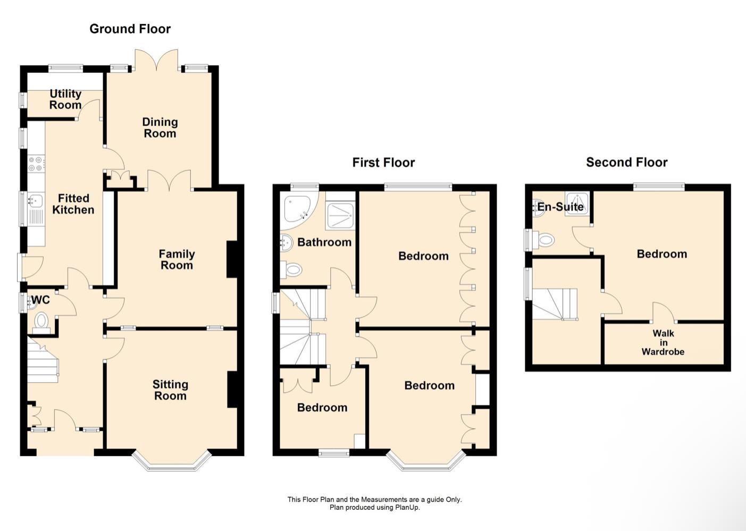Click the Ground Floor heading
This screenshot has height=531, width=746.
click(x=130, y=29)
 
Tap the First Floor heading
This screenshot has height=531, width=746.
click(x=383, y=163)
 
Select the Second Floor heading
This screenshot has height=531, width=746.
click(x=626, y=163)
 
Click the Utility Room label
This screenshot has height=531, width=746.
click(x=65, y=99)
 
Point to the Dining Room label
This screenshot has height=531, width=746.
click(x=160, y=128)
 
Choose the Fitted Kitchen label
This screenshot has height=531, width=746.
click(x=73, y=204)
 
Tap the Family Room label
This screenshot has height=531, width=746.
click(x=177, y=260)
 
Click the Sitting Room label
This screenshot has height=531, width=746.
click(x=170, y=390)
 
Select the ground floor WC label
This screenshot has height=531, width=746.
click(x=40, y=300)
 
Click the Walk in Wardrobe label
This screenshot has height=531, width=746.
click(x=663, y=342)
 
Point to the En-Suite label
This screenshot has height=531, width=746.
click(x=560, y=207)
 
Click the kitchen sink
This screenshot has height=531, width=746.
click(x=35, y=201)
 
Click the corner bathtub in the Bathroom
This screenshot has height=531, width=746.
click(x=298, y=209)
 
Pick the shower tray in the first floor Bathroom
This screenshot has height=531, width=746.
click(x=340, y=215)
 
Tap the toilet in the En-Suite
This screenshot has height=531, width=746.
click(x=544, y=240)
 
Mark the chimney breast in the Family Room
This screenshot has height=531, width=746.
click(x=232, y=259)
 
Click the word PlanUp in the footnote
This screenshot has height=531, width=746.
click(x=407, y=508)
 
